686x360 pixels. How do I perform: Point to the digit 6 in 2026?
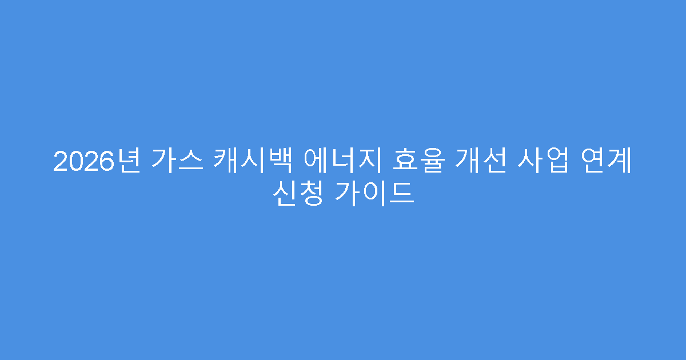(105, 162)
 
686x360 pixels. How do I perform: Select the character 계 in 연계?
(619, 162)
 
